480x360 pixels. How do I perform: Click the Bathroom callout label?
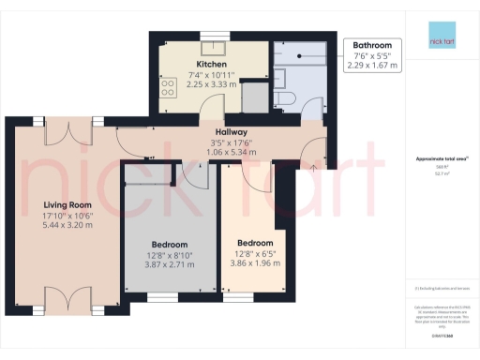[x=371, y=45]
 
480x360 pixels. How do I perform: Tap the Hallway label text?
[x=231, y=132]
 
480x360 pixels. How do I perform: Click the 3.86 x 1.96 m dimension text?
[x=256, y=262]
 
